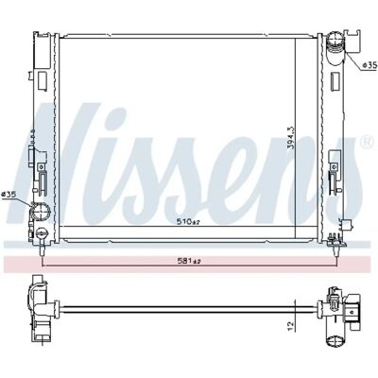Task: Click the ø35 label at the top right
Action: (369, 65)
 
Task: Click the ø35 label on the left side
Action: (9, 195)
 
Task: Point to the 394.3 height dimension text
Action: (291, 138)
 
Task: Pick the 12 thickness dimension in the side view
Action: (291, 324)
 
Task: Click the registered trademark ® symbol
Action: (366, 143)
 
